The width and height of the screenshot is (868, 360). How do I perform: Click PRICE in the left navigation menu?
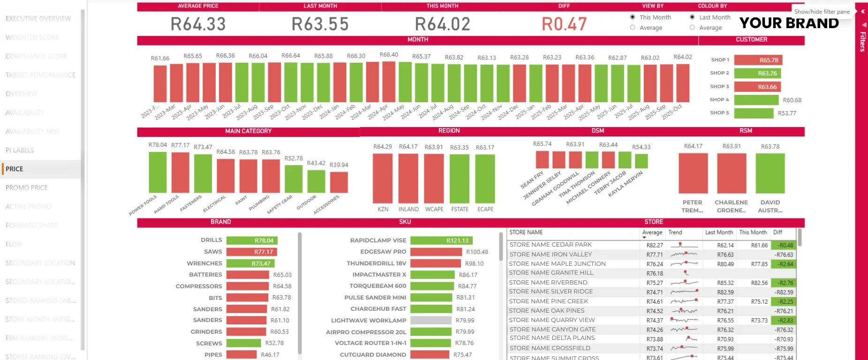pyautogui.click(x=15, y=169)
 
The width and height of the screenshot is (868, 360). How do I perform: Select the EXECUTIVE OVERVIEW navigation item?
pyautogui.click(x=38, y=19)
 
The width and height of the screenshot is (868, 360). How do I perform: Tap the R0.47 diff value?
pyautogui.click(x=564, y=24)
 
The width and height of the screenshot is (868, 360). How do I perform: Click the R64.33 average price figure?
pyautogui.click(x=198, y=24)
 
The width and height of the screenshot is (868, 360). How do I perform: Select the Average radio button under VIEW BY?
pyautogui.click(x=633, y=28)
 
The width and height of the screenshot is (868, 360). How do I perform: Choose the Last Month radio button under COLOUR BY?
pyautogui.click(x=692, y=17)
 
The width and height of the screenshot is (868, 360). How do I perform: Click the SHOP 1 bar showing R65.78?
pyautogui.click(x=758, y=60)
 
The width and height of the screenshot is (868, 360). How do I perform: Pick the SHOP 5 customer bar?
pyautogui.click(x=754, y=113)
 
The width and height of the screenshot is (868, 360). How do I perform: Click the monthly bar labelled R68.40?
pyautogui.click(x=389, y=82)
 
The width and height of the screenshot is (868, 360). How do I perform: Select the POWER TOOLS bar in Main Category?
pyautogui.click(x=158, y=172)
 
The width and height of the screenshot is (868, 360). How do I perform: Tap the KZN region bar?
pyautogui.click(x=383, y=178)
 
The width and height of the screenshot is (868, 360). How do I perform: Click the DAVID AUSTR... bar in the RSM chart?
pyautogui.click(x=770, y=173)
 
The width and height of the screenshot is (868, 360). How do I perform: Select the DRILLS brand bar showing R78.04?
pyautogui.click(x=252, y=240)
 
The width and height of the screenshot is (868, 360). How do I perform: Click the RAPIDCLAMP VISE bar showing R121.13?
pyautogui.click(x=441, y=240)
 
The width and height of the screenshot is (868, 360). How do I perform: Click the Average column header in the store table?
pyautogui.click(x=652, y=232)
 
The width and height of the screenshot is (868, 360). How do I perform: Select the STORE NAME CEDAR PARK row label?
pyautogui.click(x=551, y=245)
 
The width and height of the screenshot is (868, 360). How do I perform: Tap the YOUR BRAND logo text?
pyautogui.click(x=789, y=23)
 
